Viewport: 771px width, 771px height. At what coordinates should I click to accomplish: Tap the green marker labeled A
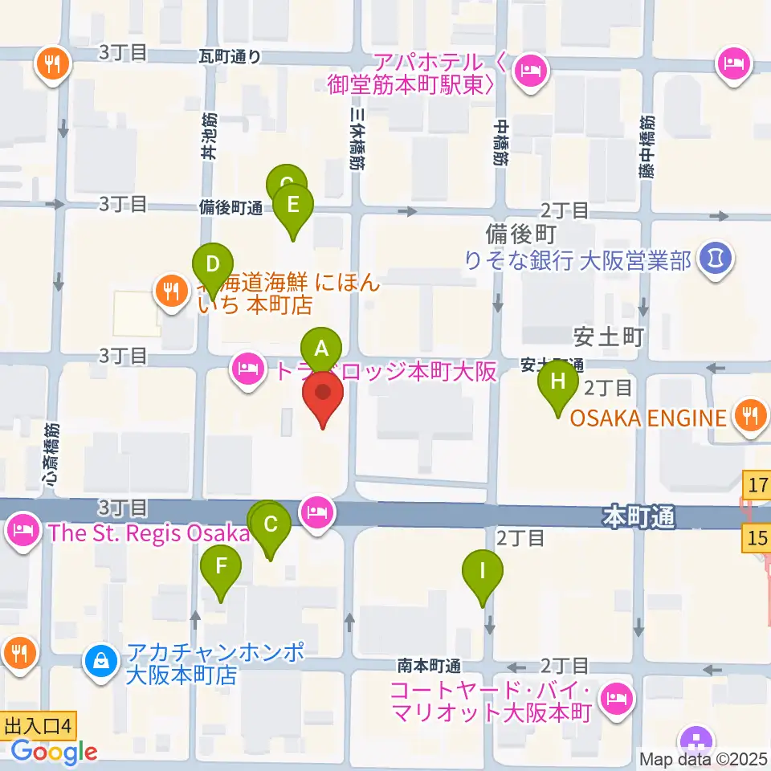click(x=321, y=350)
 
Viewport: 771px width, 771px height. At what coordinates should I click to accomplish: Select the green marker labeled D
click(x=212, y=265)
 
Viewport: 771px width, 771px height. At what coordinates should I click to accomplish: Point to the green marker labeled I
click(x=483, y=572)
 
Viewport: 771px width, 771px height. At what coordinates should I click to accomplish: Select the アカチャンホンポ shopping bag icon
click(x=101, y=663)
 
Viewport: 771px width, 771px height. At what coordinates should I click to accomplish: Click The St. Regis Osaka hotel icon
click(x=20, y=529)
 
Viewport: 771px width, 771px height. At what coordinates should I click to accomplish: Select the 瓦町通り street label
click(x=230, y=55)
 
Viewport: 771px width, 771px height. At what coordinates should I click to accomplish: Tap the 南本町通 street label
click(x=429, y=666)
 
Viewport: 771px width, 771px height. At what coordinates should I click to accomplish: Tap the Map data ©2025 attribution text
click(x=704, y=759)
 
